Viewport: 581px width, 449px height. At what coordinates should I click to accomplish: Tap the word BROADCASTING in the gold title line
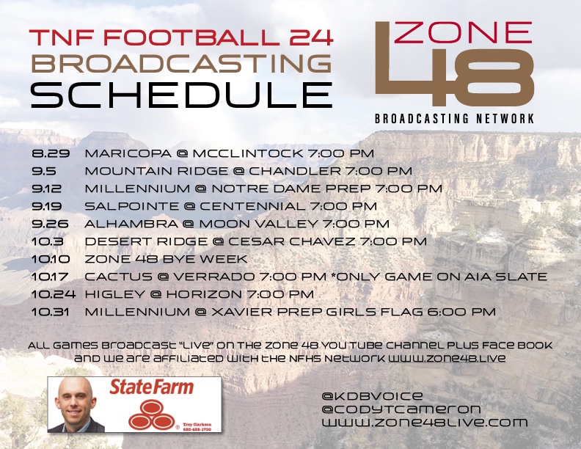point(180,64)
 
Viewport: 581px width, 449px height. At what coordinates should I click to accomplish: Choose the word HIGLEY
point(110,294)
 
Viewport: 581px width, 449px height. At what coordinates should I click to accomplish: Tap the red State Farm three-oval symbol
point(150,418)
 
